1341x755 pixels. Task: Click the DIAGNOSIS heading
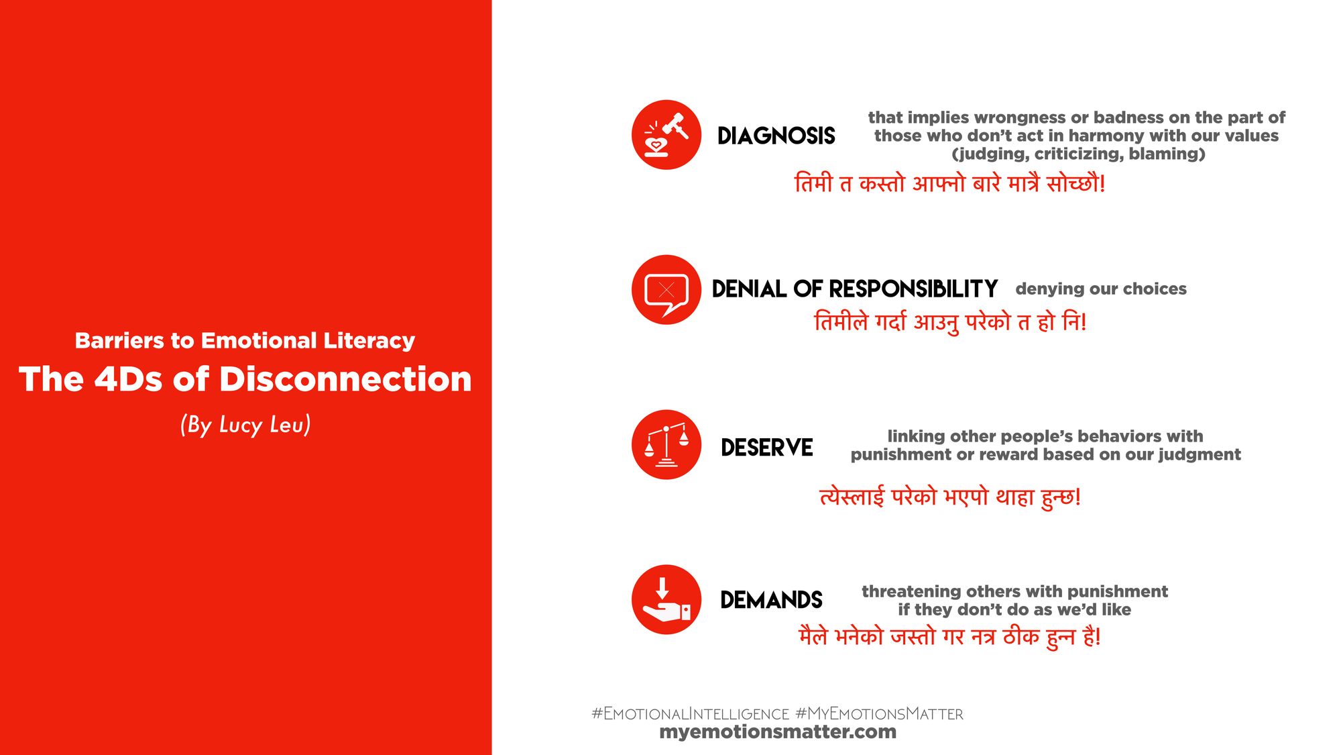tap(776, 136)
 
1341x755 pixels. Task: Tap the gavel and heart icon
tap(666, 135)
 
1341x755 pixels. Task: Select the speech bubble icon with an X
tap(666, 290)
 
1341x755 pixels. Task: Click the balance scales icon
tap(666, 444)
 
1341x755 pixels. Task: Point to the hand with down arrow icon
tap(666, 599)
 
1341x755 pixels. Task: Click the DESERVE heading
tap(767, 448)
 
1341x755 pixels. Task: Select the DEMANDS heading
tap(771, 600)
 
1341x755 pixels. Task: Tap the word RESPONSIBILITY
tap(913, 289)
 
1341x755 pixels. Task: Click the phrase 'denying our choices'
tap(1101, 289)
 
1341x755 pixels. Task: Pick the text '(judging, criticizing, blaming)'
tap(1078, 154)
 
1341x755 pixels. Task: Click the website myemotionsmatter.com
tap(778, 732)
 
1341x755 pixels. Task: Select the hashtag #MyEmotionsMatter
tap(879, 713)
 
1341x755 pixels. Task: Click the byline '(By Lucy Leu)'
tap(245, 425)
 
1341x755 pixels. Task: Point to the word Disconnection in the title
tap(346, 379)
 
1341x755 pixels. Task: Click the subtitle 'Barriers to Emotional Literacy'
tap(245, 341)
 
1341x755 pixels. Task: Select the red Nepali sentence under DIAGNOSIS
tap(949, 183)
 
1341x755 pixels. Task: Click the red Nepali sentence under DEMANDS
tap(949, 636)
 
